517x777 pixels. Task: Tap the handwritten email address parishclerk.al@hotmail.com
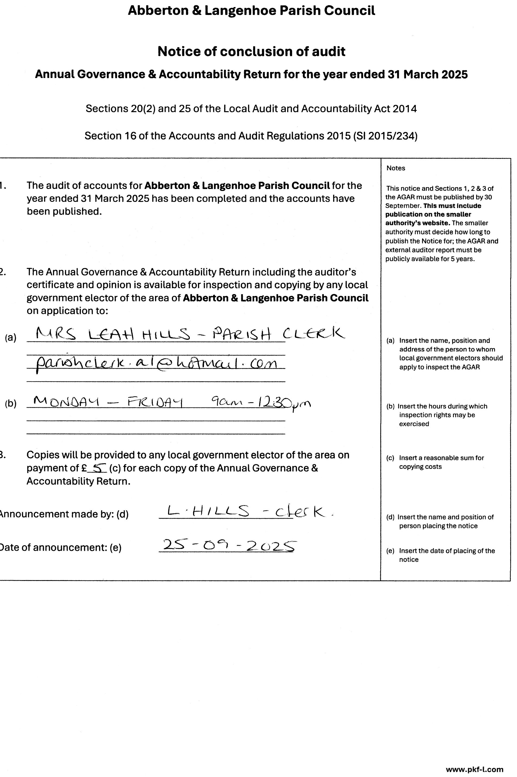[x=156, y=364]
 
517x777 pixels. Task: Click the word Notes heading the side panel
[x=396, y=168]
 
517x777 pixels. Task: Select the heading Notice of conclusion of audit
[x=251, y=51]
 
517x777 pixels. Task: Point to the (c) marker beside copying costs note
[x=390, y=458]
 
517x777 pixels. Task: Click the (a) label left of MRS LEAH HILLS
[x=11, y=338]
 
